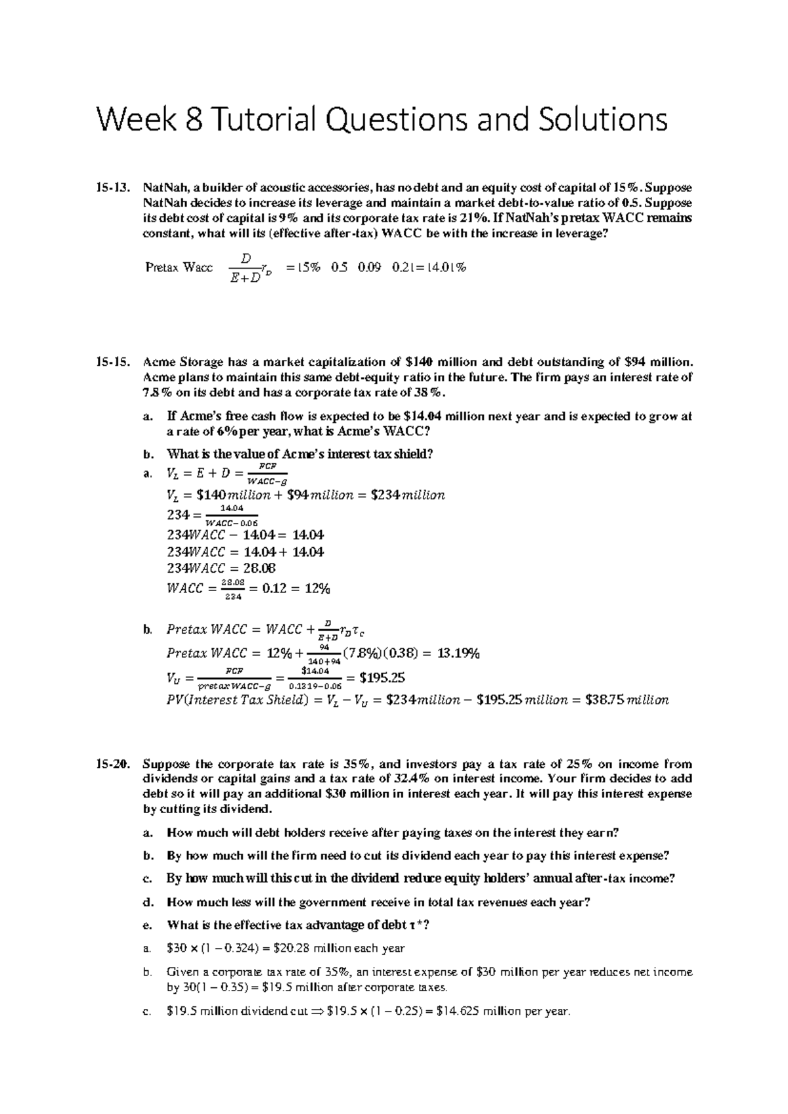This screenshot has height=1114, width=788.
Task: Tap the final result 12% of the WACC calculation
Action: pyautogui.click(x=317, y=589)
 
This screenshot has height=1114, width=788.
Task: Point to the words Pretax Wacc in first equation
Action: pyautogui.click(x=179, y=267)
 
